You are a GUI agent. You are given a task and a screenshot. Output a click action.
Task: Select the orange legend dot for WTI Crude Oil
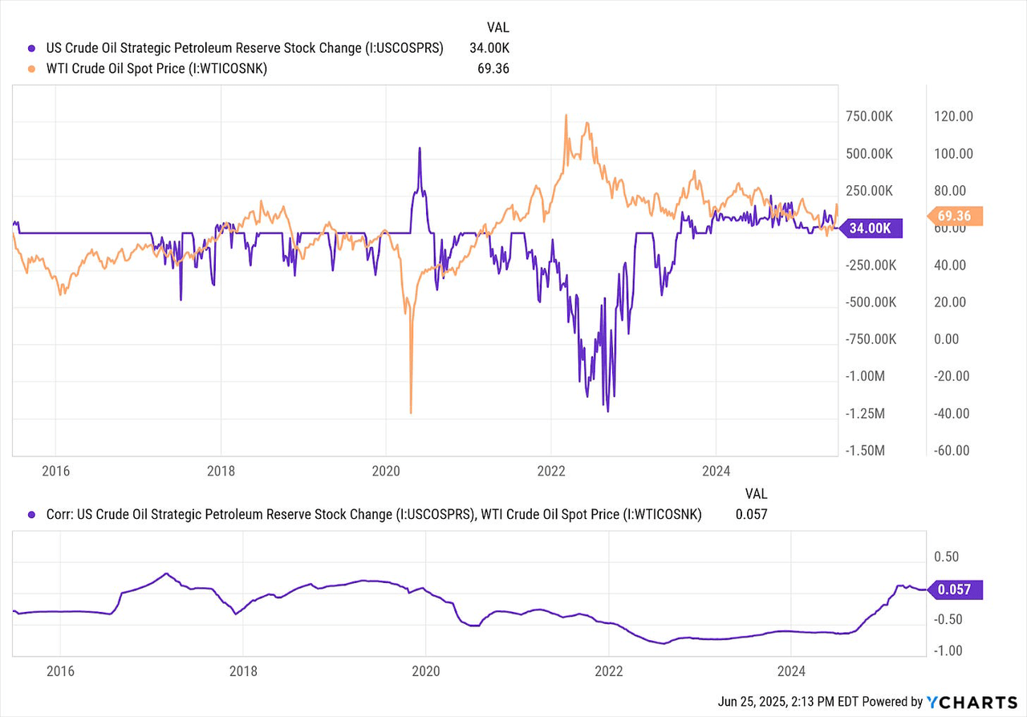(31, 69)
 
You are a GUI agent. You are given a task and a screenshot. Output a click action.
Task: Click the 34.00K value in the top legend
(489, 47)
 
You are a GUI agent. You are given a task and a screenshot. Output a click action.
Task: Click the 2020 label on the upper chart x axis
(385, 470)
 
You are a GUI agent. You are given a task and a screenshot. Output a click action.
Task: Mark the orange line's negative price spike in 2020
(411, 411)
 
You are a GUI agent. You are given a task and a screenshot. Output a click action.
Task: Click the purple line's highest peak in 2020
(419, 148)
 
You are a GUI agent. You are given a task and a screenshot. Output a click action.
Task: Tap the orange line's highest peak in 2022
(566, 115)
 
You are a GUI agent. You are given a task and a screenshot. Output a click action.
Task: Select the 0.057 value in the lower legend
(751, 516)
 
